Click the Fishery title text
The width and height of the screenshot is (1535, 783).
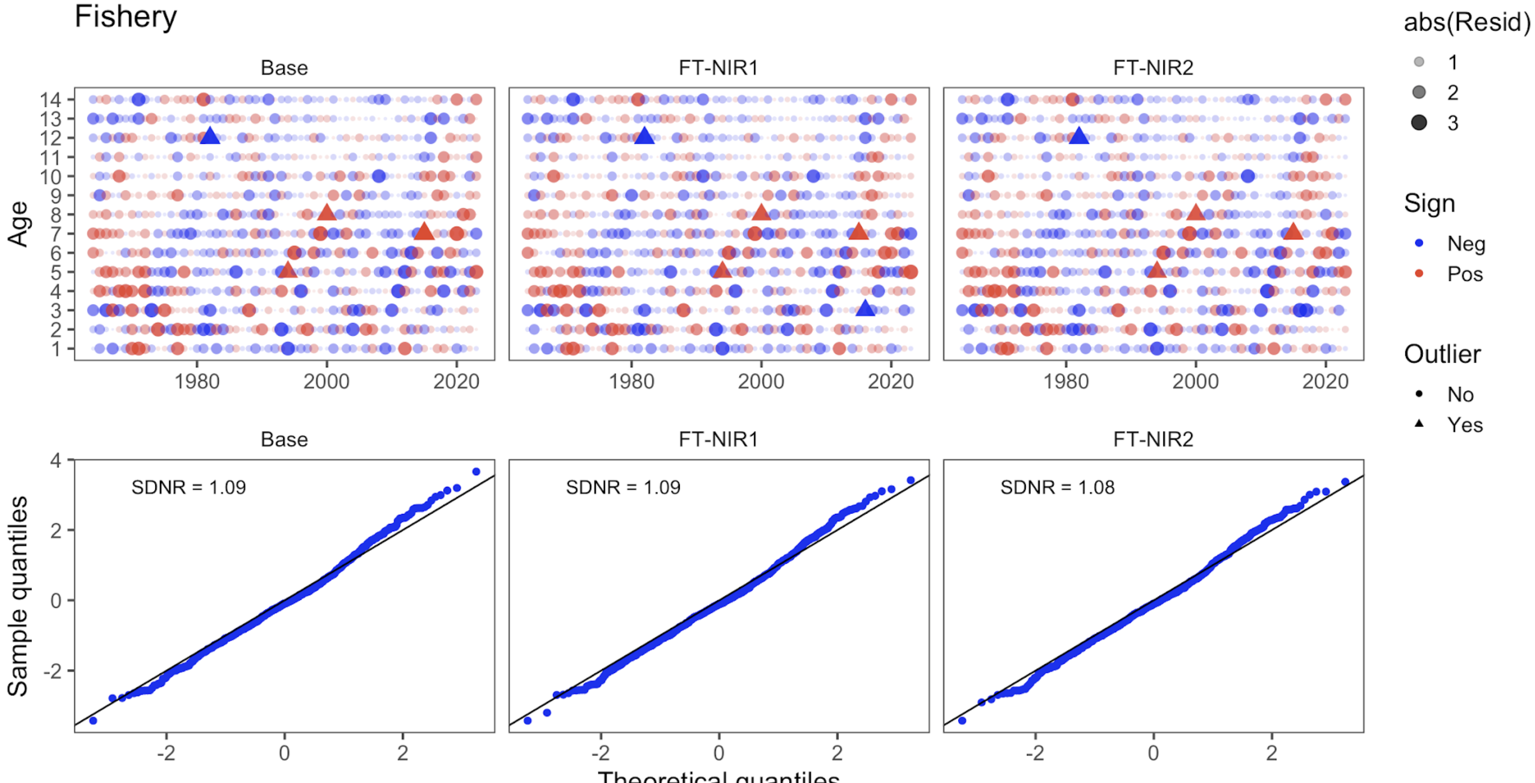(x=125, y=17)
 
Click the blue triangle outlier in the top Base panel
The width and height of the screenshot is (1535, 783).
(x=209, y=136)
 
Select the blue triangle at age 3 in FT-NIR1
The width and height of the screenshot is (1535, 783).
(x=865, y=309)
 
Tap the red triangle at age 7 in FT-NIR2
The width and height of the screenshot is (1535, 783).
(x=1292, y=232)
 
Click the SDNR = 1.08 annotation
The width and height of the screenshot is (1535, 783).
(x=1057, y=487)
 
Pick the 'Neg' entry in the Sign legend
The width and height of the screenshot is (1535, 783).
(x=1466, y=244)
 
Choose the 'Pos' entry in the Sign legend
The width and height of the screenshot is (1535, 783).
(x=1465, y=274)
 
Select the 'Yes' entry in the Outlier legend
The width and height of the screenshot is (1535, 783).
(x=1465, y=425)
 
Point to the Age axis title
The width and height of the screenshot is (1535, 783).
(x=18, y=223)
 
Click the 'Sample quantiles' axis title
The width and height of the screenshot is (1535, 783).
(x=18, y=596)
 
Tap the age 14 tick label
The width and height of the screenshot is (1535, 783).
(x=50, y=100)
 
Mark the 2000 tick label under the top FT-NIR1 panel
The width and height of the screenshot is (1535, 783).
(x=761, y=381)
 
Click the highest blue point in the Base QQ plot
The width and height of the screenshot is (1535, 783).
(x=476, y=471)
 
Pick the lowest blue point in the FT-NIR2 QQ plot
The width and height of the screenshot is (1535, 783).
(x=962, y=720)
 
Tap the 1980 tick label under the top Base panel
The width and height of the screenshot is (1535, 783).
(x=196, y=381)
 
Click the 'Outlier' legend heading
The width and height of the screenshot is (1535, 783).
(x=1442, y=354)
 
